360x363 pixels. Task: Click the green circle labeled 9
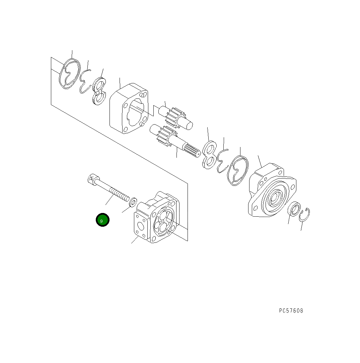tap(102, 220)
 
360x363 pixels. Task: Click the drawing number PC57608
tap(291, 311)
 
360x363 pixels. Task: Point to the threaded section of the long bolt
tap(120, 195)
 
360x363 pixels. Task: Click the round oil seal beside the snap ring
tap(294, 210)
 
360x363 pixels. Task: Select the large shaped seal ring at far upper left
tap(70, 74)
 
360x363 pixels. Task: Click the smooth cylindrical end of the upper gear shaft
tap(188, 125)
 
